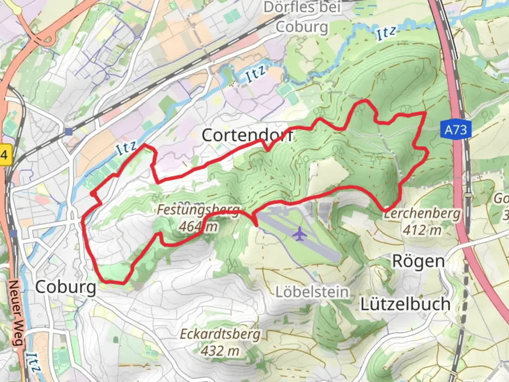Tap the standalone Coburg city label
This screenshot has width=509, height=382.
(66, 287)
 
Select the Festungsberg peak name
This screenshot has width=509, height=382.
(198, 210)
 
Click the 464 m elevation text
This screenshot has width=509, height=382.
(198, 226)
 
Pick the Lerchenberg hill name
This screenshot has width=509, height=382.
(423, 214)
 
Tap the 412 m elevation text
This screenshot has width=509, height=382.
(422, 230)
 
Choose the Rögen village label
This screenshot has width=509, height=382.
(419, 262)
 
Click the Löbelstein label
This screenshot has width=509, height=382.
(312, 292)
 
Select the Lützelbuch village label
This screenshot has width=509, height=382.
(405, 304)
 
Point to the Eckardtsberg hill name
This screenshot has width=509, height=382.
(220, 334)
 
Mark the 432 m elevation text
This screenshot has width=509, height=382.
(220, 351)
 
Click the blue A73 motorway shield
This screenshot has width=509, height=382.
(456, 130)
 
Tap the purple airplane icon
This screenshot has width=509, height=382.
(300, 234)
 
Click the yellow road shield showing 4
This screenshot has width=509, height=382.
(4, 155)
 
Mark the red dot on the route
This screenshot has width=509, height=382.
(93, 193)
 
